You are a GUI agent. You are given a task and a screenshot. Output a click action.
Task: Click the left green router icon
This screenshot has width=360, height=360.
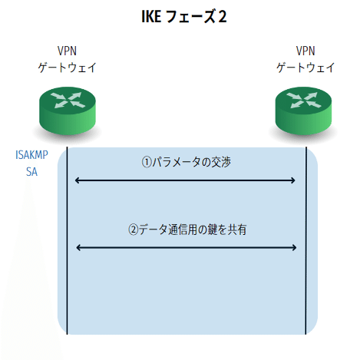[x=68, y=107]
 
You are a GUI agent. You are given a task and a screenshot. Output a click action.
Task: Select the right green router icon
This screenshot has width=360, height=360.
[x=306, y=107]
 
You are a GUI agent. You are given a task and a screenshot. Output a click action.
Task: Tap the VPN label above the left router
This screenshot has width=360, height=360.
[x=68, y=51]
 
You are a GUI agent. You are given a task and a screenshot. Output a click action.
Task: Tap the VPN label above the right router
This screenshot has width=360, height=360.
[x=306, y=51]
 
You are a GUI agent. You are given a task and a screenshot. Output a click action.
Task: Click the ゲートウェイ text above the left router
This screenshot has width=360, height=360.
[x=68, y=68]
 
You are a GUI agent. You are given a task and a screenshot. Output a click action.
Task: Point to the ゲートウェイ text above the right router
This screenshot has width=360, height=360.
[x=306, y=68]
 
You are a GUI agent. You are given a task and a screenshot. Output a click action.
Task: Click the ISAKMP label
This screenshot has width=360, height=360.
[x=31, y=155]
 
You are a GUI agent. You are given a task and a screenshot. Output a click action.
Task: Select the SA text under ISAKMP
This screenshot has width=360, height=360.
[x=31, y=172]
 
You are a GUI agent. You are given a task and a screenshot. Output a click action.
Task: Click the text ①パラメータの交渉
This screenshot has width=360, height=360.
[x=185, y=162]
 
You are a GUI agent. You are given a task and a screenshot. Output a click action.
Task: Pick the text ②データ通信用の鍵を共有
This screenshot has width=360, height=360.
[x=185, y=229]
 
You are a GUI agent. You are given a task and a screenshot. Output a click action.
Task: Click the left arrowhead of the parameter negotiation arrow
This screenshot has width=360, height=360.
[x=78, y=180]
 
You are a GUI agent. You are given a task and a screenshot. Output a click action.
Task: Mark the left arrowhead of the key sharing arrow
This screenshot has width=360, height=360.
[x=78, y=247]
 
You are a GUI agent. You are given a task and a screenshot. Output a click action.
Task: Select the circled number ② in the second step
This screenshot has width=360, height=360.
[x=133, y=229]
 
